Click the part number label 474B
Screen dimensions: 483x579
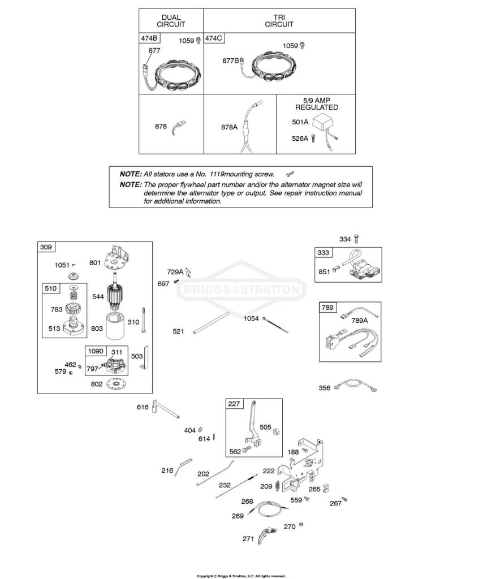[x=149, y=38]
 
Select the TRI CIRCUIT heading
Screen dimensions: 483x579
[x=279, y=21]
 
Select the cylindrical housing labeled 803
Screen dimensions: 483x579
[x=117, y=326]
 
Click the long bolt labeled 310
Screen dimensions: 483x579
[x=143, y=321]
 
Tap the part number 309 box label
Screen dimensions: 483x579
[x=46, y=247]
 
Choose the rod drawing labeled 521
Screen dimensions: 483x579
[x=211, y=323]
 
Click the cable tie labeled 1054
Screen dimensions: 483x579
[x=275, y=324]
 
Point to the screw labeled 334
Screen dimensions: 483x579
[x=356, y=238]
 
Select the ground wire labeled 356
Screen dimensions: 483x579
[x=355, y=383]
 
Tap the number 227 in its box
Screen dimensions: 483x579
[x=234, y=404]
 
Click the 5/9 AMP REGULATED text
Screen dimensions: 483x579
[x=317, y=104]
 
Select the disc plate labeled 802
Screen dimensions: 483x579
[x=117, y=384]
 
